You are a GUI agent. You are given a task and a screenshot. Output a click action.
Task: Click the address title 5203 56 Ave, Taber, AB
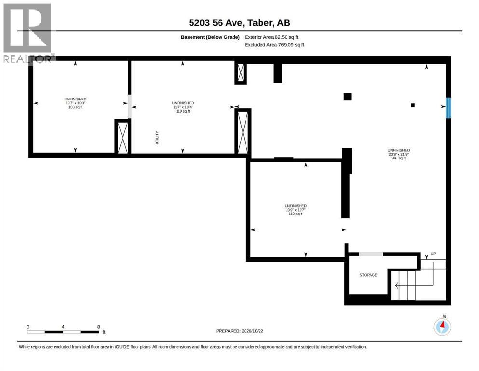tap(239, 23)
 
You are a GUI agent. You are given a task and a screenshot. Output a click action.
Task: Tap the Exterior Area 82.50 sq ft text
tap(271, 37)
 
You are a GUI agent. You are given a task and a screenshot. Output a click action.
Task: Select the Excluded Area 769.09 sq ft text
tap(274, 44)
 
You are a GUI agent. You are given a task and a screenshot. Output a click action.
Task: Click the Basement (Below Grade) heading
tap(210, 37)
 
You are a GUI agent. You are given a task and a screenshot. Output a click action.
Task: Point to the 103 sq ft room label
tap(75, 107)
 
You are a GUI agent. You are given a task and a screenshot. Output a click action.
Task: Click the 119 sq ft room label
tap(183, 111)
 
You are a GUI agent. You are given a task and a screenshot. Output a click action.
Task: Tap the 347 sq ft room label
tap(398, 158)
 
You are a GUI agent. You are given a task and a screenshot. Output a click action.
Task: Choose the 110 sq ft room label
tap(295, 214)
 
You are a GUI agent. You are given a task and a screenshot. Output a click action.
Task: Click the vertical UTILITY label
tap(157, 138)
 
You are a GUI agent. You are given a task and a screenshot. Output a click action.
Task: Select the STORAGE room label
tap(368, 275)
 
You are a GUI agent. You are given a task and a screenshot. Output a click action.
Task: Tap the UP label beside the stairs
tap(433, 254)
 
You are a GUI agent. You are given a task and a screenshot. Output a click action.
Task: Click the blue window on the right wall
tap(448, 108)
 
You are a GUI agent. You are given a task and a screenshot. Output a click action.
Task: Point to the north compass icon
tap(442, 326)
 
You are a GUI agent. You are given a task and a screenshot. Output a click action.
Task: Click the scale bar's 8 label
tap(99, 327)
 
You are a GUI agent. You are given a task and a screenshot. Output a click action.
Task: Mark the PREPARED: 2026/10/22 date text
tap(239, 331)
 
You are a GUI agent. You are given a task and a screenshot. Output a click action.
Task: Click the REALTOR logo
tap(28, 33)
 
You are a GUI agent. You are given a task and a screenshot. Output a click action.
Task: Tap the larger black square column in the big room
tap(347, 97)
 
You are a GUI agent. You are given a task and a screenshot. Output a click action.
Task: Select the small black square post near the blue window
tap(413, 105)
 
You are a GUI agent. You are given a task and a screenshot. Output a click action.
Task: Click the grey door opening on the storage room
tap(370, 254)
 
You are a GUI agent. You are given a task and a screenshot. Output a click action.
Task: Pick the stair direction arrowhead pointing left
tap(396, 285)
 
